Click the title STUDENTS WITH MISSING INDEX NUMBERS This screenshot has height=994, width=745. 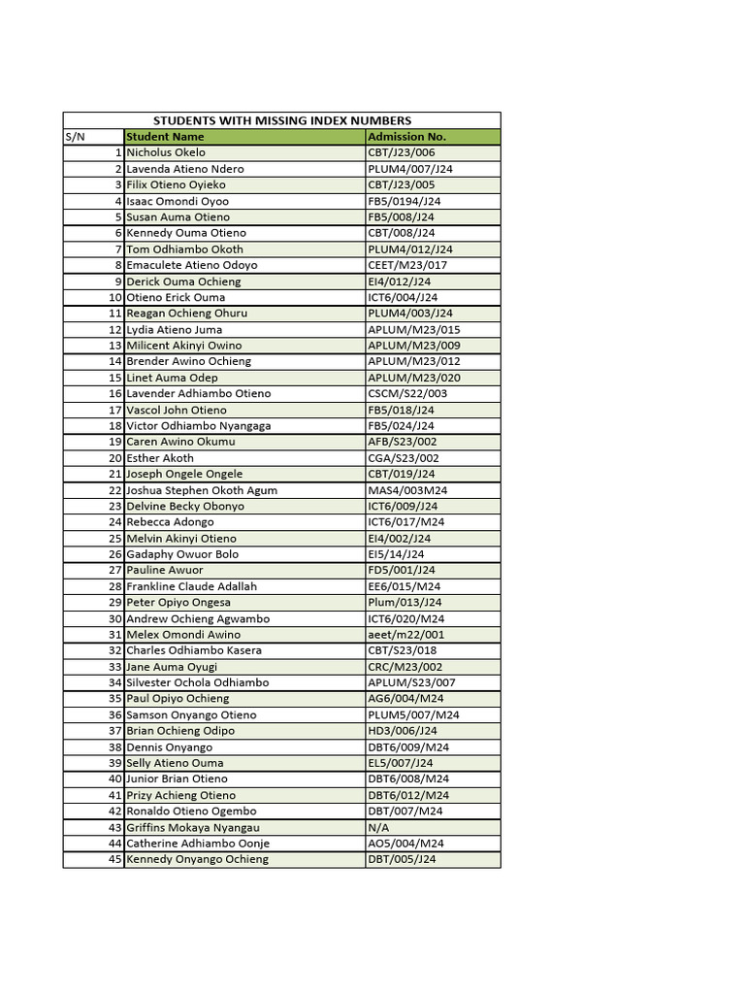[282, 120]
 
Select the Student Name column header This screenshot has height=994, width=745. [165, 137]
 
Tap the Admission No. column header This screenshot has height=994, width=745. [406, 137]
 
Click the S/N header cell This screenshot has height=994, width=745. [76, 137]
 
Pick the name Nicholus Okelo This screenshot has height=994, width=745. [166, 152]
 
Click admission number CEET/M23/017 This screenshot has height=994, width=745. [407, 265]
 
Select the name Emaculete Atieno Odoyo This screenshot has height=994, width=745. [192, 265]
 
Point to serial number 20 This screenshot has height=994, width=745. [114, 458]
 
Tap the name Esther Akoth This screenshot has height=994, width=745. [160, 458]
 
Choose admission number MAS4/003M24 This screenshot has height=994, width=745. [407, 490]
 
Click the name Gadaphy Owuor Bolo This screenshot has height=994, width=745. [182, 554]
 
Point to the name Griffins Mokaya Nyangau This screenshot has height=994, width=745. [192, 827]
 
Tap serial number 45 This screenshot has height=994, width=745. [114, 859]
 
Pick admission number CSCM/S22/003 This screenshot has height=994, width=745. [407, 394]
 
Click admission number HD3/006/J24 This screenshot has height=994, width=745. [403, 731]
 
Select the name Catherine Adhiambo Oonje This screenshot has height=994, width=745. [198, 844]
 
